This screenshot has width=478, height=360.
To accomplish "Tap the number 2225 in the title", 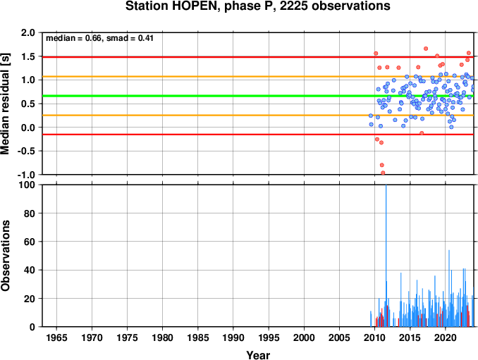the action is [293, 6].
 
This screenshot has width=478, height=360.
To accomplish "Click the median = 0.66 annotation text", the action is [73, 38].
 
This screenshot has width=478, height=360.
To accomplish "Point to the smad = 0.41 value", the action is [130, 38].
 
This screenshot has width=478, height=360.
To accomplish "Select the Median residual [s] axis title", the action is [5, 104].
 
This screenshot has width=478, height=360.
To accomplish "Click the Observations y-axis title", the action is [5, 256].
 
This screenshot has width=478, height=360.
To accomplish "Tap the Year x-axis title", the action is [258, 355].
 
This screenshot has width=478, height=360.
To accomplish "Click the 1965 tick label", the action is [56, 337].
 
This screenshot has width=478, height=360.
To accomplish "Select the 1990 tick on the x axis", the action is [233, 337].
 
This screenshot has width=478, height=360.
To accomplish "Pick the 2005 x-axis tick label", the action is [339, 337].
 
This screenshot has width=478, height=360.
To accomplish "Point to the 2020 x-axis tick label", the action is [446, 337].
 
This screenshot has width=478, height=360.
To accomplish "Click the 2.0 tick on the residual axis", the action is [28, 32].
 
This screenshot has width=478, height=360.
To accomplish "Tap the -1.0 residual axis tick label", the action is [26, 175].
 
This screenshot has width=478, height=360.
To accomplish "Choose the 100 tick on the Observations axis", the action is [27, 185].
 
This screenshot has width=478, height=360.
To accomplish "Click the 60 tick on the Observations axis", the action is [30, 242].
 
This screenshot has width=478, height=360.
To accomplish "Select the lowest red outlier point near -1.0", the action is [383, 173].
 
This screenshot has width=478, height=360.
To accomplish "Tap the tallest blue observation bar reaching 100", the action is [386, 256].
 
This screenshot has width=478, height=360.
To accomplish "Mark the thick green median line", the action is [258, 96].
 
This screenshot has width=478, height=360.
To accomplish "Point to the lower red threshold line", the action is [258, 135].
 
